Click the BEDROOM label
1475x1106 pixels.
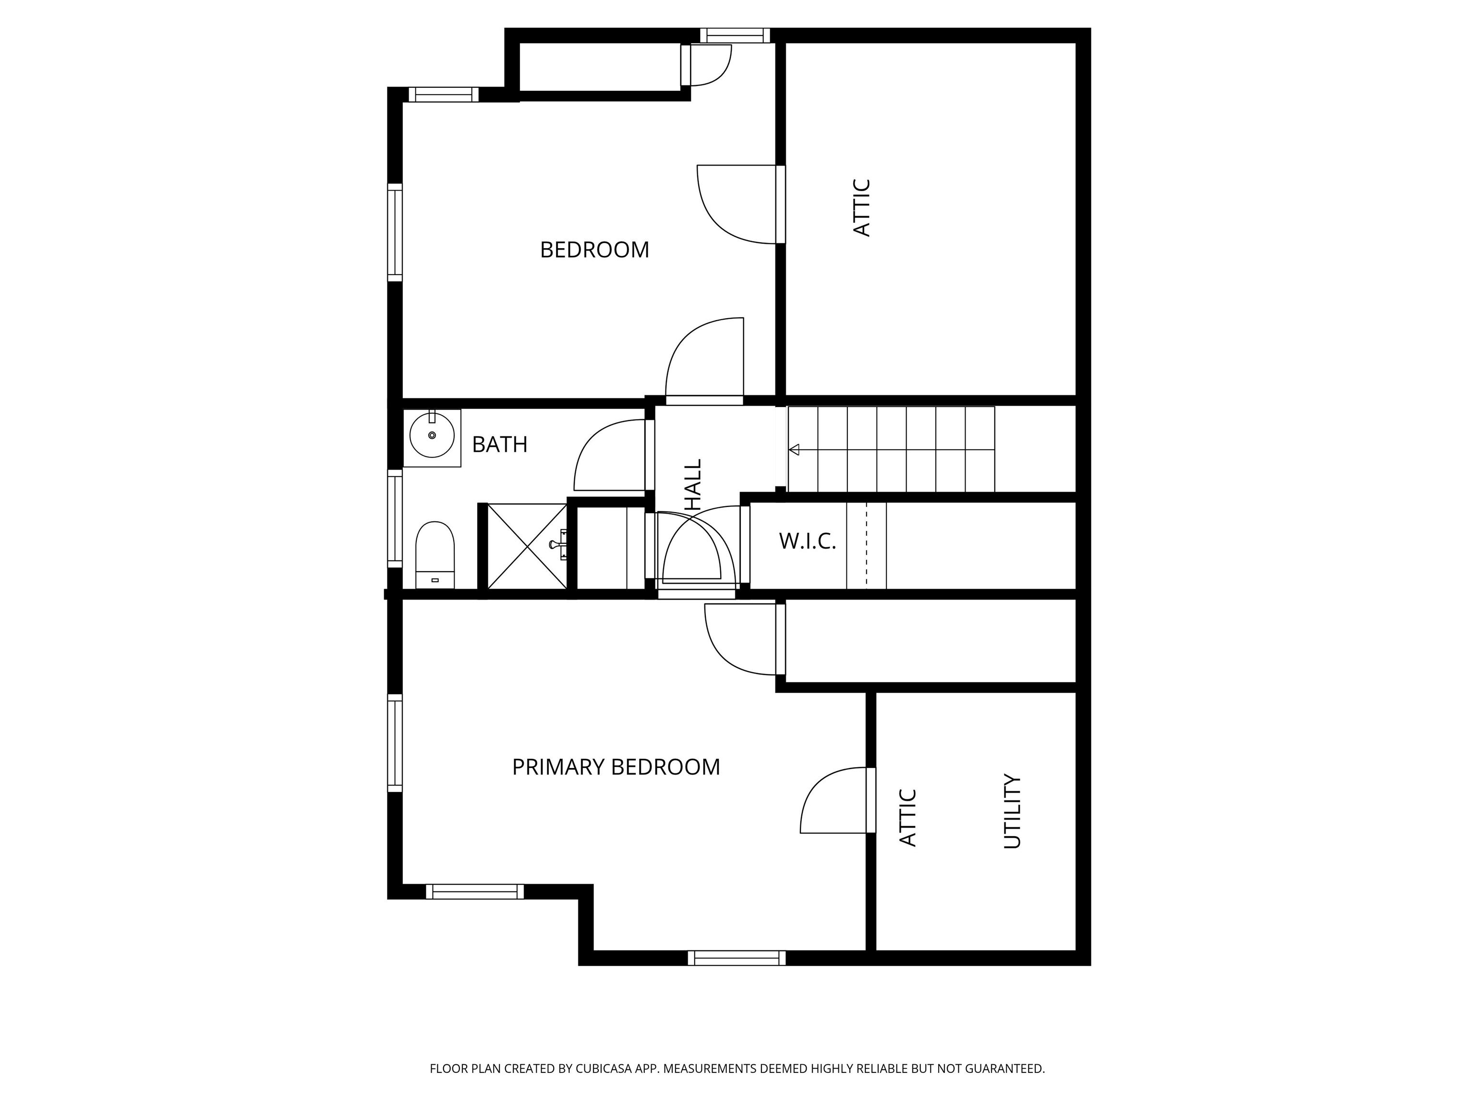pos(594,250)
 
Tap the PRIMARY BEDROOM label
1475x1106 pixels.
pos(616,767)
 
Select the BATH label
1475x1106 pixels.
pos(499,445)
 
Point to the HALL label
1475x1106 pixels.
pos(694,485)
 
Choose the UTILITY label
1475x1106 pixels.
pos(1012,811)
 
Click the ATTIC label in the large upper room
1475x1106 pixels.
pos(862,207)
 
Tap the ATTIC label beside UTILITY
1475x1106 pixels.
pos(908,818)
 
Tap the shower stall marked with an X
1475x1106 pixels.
pos(527,546)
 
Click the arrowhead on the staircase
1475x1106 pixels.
pos(794,450)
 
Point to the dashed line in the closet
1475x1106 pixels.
pos(866,546)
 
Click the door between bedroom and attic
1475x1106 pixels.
pos(737,204)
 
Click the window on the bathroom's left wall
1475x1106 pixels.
pos(395,518)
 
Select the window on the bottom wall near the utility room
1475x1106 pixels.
pos(737,958)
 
